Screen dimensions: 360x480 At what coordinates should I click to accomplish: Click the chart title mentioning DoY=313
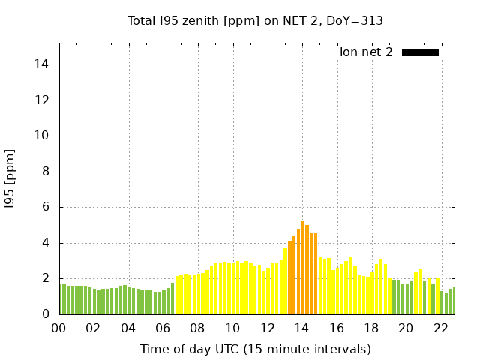[255, 20]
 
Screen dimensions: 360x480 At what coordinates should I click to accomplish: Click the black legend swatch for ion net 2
[420, 52]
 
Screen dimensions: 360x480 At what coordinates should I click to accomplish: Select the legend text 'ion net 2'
[366, 52]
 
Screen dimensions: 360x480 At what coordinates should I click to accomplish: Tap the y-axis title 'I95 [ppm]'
[10, 178]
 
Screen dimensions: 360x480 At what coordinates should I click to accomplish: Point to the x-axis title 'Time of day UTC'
[255, 349]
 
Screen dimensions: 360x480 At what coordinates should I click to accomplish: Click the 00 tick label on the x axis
[59, 328]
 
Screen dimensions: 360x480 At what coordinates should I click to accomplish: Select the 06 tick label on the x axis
[163, 328]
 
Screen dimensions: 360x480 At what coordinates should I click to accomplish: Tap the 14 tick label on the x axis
[301, 328]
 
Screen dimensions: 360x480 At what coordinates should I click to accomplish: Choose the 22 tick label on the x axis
[440, 328]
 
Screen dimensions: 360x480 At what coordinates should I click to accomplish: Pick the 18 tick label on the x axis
[371, 328]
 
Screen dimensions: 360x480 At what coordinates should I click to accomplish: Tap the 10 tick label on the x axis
[232, 328]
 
